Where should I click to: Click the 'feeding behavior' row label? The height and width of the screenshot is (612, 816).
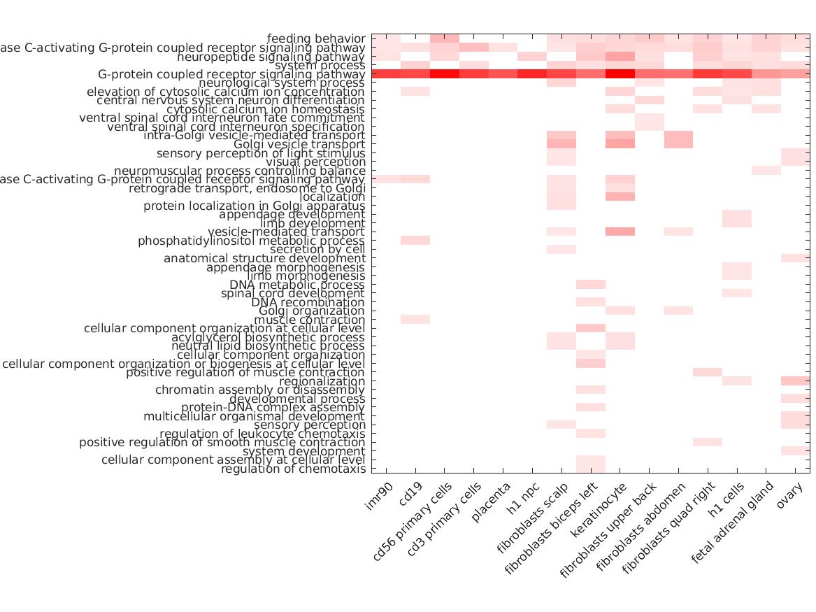click(316, 38)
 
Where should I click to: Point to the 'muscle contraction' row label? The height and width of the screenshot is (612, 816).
click(320, 320)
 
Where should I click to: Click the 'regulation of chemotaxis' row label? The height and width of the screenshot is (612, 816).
click(293, 469)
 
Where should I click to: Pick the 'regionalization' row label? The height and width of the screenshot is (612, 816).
click(322, 381)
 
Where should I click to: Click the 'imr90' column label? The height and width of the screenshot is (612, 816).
click(379, 499)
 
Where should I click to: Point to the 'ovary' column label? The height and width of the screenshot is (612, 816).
click(787, 498)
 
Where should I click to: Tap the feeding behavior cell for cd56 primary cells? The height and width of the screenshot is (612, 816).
click(444, 38)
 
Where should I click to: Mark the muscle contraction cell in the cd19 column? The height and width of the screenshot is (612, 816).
click(415, 320)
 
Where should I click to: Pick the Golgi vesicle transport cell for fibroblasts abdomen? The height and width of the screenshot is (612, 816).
click(678, 144)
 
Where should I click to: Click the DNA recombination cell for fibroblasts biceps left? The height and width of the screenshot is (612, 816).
click(591, 302)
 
